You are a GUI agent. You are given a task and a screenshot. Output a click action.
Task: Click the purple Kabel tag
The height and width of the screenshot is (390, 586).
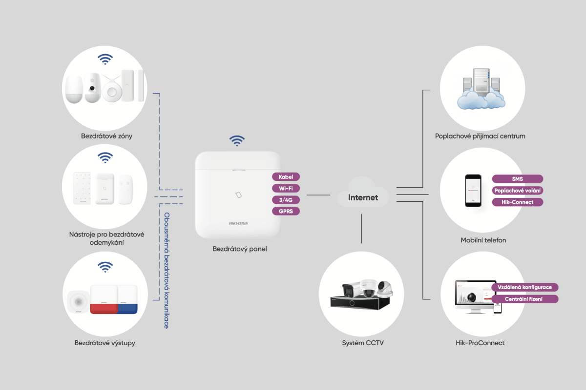286,177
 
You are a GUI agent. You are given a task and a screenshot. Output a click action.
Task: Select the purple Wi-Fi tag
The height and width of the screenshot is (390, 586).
286,188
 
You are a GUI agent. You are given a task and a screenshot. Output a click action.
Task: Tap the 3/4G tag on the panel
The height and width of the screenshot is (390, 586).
286,200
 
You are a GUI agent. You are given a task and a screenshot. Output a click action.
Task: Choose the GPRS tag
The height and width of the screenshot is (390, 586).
286,211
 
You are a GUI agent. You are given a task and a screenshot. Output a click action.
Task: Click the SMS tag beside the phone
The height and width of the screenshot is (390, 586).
518,179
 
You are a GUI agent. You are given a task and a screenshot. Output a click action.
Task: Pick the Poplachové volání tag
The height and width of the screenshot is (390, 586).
518,191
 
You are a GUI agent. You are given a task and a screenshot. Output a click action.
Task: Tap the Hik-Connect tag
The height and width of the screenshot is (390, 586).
518,202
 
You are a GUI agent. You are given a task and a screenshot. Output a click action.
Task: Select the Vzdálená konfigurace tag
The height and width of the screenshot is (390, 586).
524,287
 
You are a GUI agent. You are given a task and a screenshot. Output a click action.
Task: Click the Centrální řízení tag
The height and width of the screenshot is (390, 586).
524,299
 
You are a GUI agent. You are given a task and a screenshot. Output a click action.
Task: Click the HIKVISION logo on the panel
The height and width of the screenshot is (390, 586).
238,223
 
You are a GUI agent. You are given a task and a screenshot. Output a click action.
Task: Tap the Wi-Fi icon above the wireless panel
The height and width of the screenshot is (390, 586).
237,141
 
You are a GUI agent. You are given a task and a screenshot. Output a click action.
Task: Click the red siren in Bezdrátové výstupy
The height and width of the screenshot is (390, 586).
104,299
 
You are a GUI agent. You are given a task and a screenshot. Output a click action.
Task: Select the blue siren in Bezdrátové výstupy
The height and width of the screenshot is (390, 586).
127,299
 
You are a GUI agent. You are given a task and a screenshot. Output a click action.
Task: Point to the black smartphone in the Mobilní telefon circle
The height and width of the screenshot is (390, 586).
473,191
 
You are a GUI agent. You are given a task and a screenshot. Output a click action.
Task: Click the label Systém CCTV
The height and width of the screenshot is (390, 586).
362,343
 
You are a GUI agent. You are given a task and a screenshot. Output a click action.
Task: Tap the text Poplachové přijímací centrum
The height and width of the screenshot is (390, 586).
480,136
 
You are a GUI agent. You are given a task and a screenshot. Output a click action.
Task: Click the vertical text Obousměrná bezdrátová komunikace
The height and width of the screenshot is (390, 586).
167,271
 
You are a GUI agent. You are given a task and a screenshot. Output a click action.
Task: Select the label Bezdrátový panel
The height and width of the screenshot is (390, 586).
240,249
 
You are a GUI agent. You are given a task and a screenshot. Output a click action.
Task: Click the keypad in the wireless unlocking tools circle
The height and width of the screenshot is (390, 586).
82,188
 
